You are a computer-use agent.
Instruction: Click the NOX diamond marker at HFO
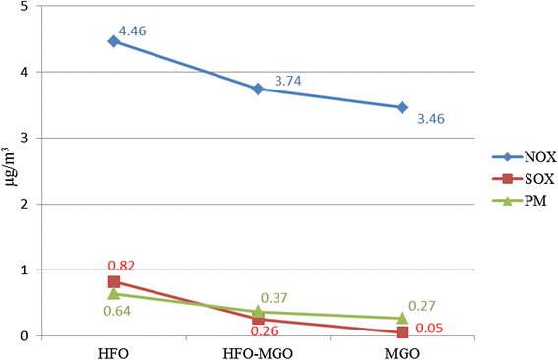[114, 41]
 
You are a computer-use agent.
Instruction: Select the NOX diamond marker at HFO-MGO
[259, 89]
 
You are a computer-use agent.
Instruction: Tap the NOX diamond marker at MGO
[403, 107]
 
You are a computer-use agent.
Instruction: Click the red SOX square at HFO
[114, 282]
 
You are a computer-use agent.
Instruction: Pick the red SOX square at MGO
[403, 332]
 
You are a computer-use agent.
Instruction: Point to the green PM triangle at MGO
[403, 318]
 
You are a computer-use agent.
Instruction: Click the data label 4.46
[133, 31]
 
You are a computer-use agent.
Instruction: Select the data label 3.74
[288, 81]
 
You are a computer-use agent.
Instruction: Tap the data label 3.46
[431, 119]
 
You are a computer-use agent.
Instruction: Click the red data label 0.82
[121, 266]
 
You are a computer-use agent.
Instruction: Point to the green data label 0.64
[117, 311]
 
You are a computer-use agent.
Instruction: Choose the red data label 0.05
[429, 328]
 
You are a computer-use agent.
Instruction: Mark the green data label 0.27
[422, 306]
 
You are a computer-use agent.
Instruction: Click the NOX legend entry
[524, 156]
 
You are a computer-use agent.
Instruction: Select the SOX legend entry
[524, 179]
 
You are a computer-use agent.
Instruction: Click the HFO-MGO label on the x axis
[258, 353]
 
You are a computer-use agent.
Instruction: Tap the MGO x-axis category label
[403, 353]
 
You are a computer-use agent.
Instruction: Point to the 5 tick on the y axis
[24, 7]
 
